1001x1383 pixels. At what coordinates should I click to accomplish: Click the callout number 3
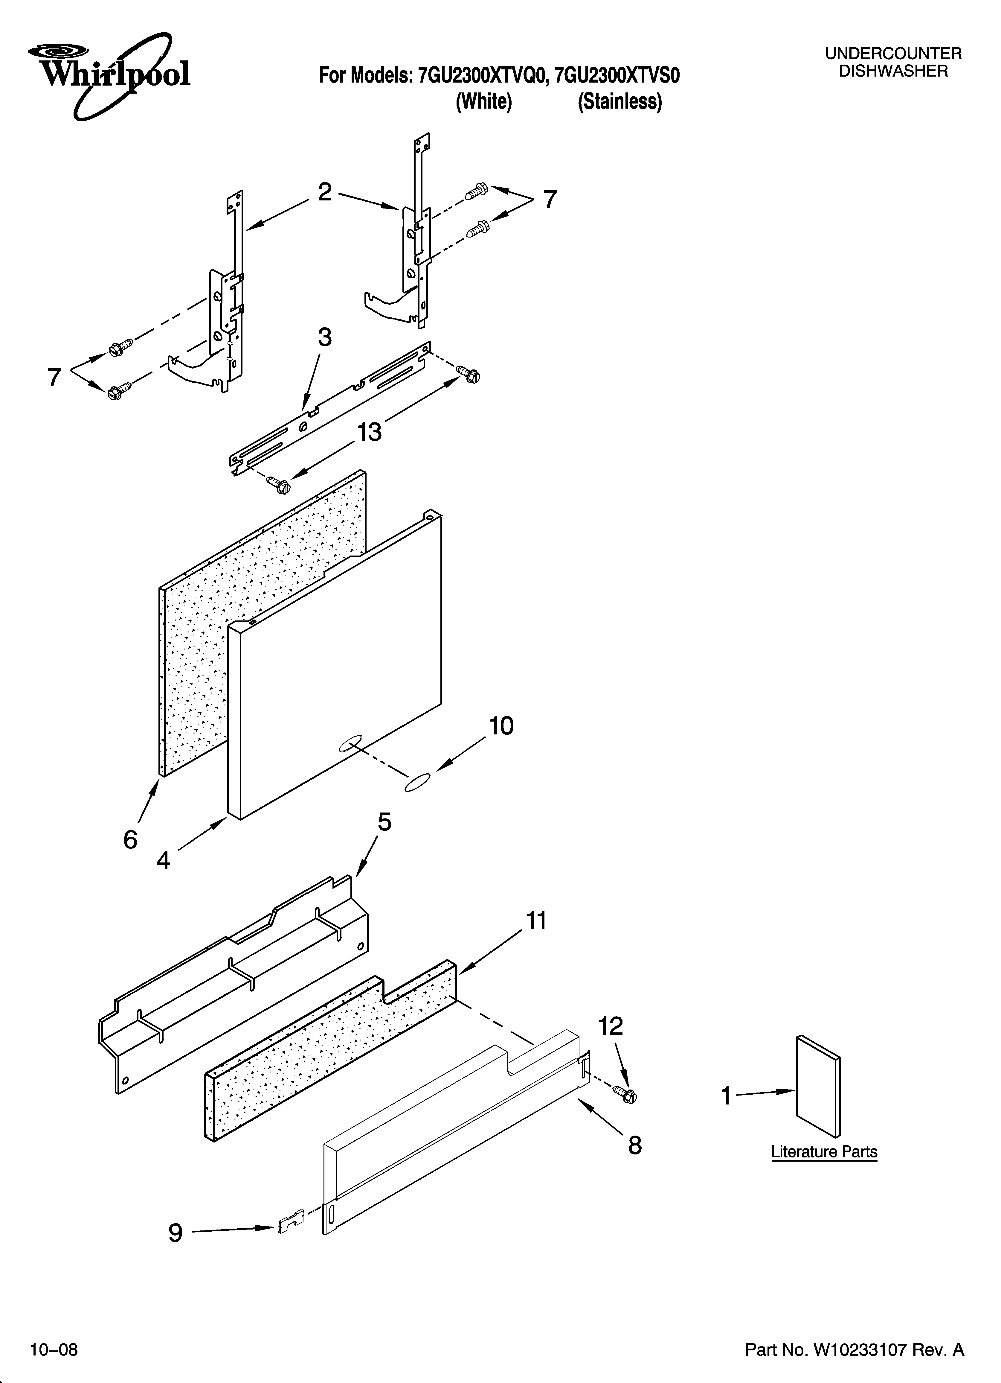tap(325, 337)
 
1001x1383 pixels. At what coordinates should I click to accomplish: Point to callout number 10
tap(501, 726)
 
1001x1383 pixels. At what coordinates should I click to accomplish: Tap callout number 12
tap(611, 1026)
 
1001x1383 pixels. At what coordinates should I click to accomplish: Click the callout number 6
tap(130, 840)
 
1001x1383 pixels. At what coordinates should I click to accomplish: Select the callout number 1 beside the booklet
tap(725, 1096)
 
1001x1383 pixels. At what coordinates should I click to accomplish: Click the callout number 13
tap(369, 432)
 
